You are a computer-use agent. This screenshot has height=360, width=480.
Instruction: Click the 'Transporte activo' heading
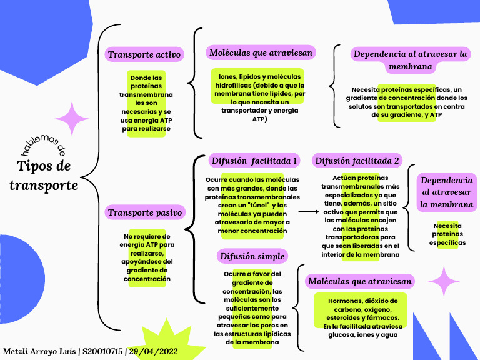pos(144,54)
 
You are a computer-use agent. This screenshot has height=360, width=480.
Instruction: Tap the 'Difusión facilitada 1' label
pos(254,161)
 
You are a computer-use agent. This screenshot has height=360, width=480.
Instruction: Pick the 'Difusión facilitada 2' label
pos(357,161)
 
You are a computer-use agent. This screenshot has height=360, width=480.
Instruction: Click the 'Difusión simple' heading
pos(252,256)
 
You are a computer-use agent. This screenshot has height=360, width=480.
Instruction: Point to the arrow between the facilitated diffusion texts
pos(309,212)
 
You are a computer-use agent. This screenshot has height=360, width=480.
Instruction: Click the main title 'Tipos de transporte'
pos(44,176)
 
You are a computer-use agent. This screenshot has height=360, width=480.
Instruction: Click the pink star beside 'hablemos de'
pos(72,118)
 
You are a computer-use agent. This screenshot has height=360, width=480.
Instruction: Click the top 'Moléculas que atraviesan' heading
pos(261,52)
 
